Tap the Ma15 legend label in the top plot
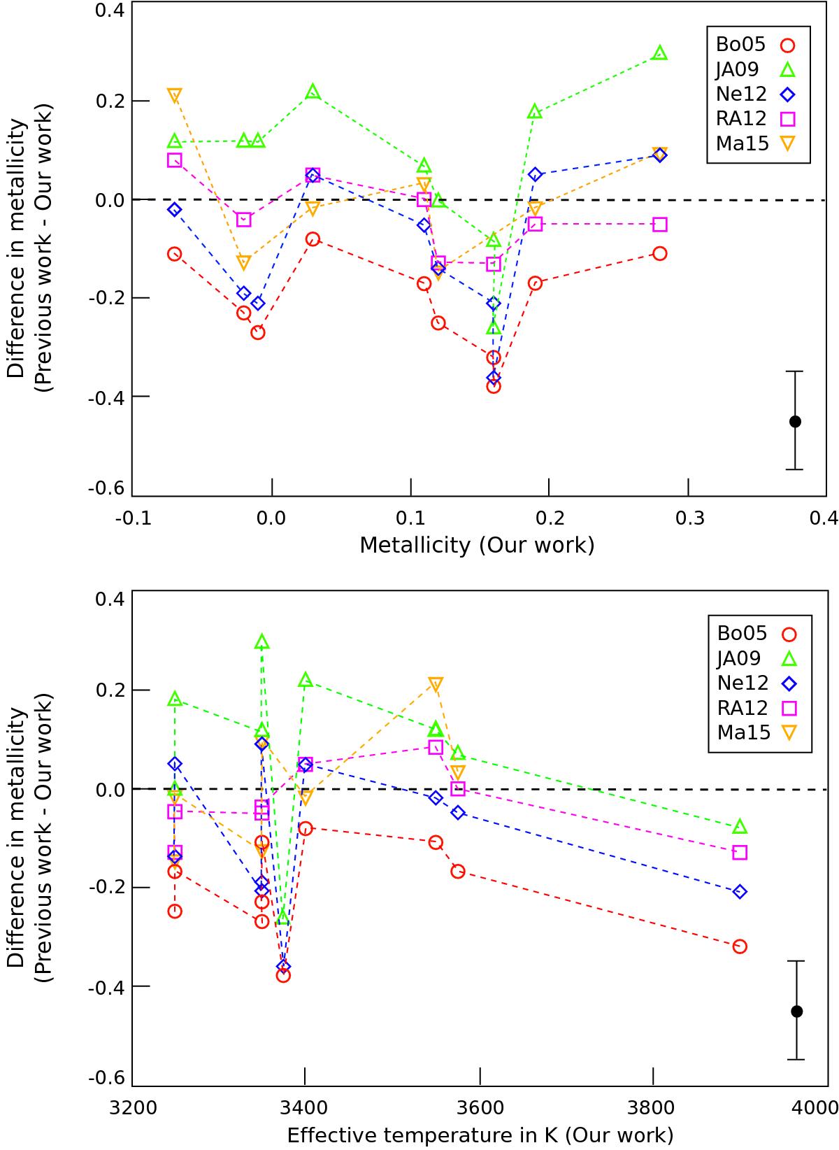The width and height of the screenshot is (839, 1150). (741, 143)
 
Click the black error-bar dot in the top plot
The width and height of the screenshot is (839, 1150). (795, 421)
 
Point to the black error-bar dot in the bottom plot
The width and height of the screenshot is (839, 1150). (796, 1011)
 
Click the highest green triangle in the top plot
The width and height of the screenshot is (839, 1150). (659, 53)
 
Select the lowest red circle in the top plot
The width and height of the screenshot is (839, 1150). (494, 386)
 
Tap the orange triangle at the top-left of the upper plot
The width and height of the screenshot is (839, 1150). (175, 94)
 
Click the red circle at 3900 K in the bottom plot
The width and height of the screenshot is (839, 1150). (740, 946)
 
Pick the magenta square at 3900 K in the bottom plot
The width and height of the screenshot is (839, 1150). (740, 852)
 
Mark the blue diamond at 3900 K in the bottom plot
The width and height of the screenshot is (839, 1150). (740, 891)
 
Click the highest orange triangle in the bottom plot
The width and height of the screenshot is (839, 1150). (436, 683)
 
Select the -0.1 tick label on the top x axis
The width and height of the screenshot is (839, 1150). (132, 518)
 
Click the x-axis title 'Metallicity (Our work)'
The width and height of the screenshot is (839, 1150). (477, 545)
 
